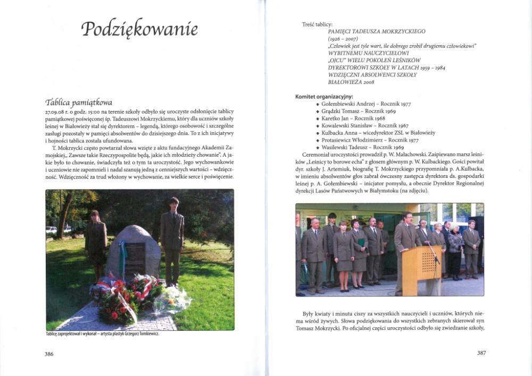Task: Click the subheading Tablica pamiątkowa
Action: pyautogui.click(x=78, y=102)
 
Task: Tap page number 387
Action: pyautogui.click(x=481, y=353)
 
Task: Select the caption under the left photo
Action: pyautogui.click(x=103, y=334)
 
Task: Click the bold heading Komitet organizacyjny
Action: pyautogui.click(x=324, y=97)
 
